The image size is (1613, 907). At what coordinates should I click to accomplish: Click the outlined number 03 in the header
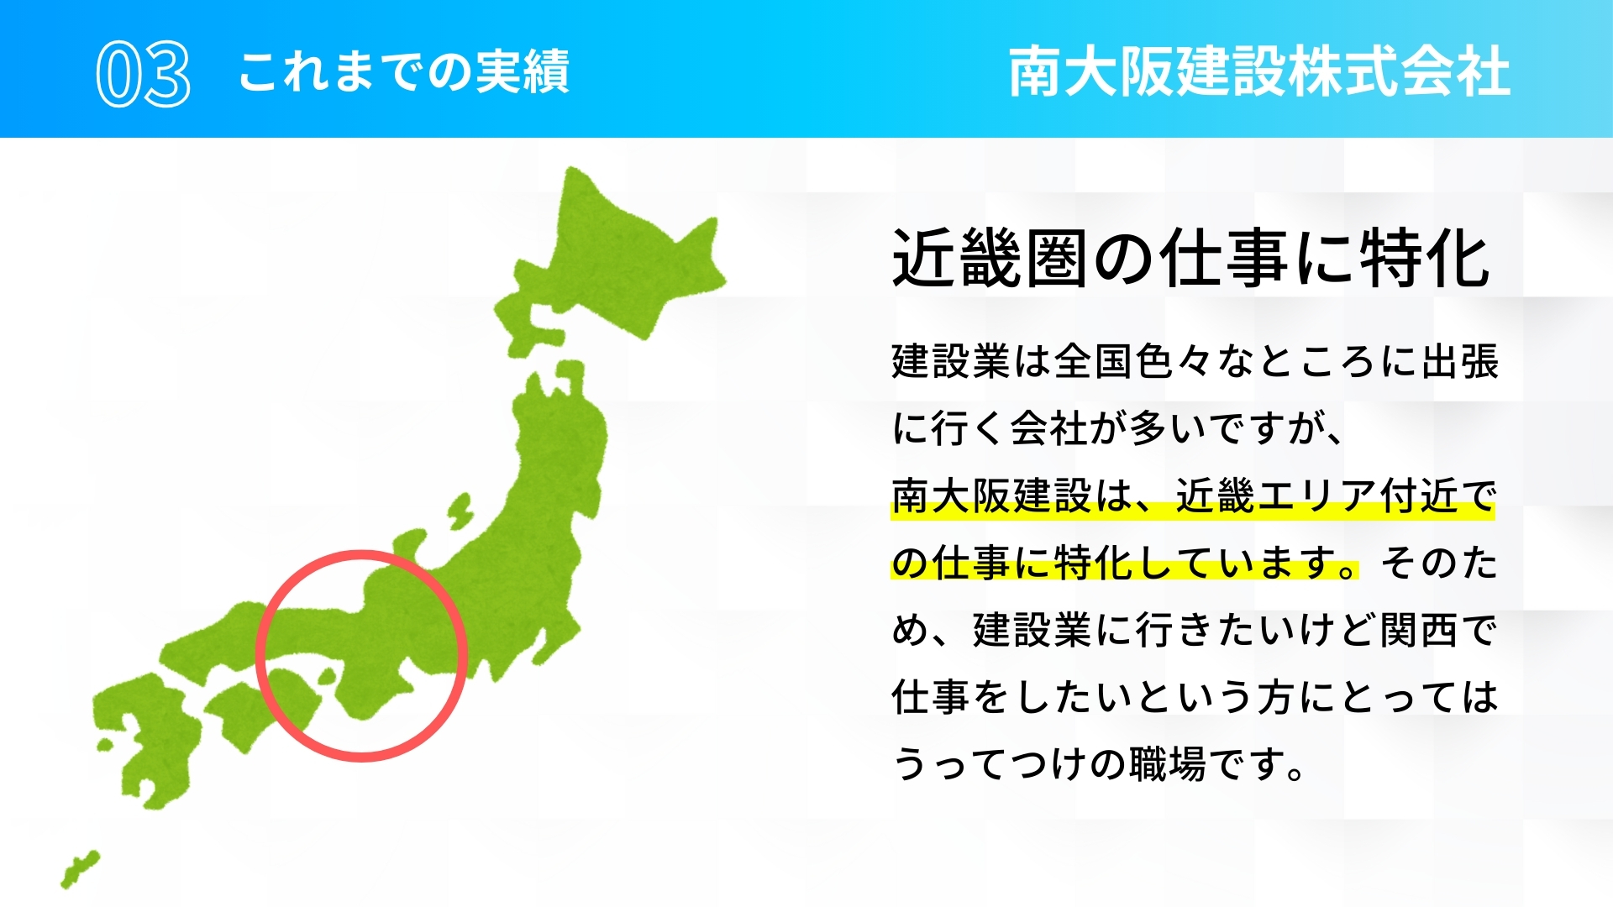pyautogui.click(x=143, y=74)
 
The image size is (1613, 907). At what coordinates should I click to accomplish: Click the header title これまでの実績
pyautogui.click(x=404, y=71)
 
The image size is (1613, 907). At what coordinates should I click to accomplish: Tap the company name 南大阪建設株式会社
pyautogui.click(x=1259, y=71)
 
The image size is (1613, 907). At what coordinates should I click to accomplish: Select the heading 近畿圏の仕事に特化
pyautogui.click(x=1191, y=259)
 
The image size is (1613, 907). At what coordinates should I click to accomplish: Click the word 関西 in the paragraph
pyautogui.click(x=1420, y=630)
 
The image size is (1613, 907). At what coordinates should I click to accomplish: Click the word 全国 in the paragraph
pyautogui.click(x=1094, y=362)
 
